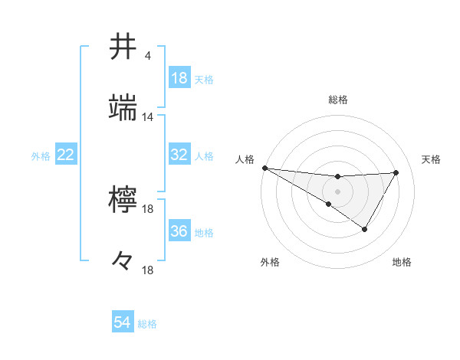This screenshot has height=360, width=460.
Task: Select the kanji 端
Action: (x=124, y=107)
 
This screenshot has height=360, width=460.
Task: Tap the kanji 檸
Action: (x=124, y=198)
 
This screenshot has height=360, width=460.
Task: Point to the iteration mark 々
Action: (x=123, y=260)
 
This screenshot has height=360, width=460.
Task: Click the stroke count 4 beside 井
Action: (x=147, y=56)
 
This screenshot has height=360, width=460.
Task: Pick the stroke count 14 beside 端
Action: (x=148, y=117)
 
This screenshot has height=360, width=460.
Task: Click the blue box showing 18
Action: (x=179, y=78)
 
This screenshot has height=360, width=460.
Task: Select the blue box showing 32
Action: (x=179, y=155)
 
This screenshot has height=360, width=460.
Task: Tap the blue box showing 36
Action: (x=179, y=231)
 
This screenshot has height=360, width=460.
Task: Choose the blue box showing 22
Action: (x=65, y=155)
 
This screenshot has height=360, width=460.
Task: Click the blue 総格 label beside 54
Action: (x=147, y=324)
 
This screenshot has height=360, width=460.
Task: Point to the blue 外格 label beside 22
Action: (x=41, y=155)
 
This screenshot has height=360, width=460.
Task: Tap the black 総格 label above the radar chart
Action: (x=337, y=100)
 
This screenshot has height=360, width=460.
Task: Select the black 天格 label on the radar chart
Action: (x=432, y=159)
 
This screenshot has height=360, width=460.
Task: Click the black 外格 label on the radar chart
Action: (x=270, y=262)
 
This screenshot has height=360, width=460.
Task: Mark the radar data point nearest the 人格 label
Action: (x=264, y=168)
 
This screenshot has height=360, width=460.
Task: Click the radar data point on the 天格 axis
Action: (x=396, y=172)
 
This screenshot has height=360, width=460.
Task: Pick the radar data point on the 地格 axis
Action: (x=365, y=229)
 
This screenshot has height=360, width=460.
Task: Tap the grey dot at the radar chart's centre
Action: (x=337, y=190)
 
